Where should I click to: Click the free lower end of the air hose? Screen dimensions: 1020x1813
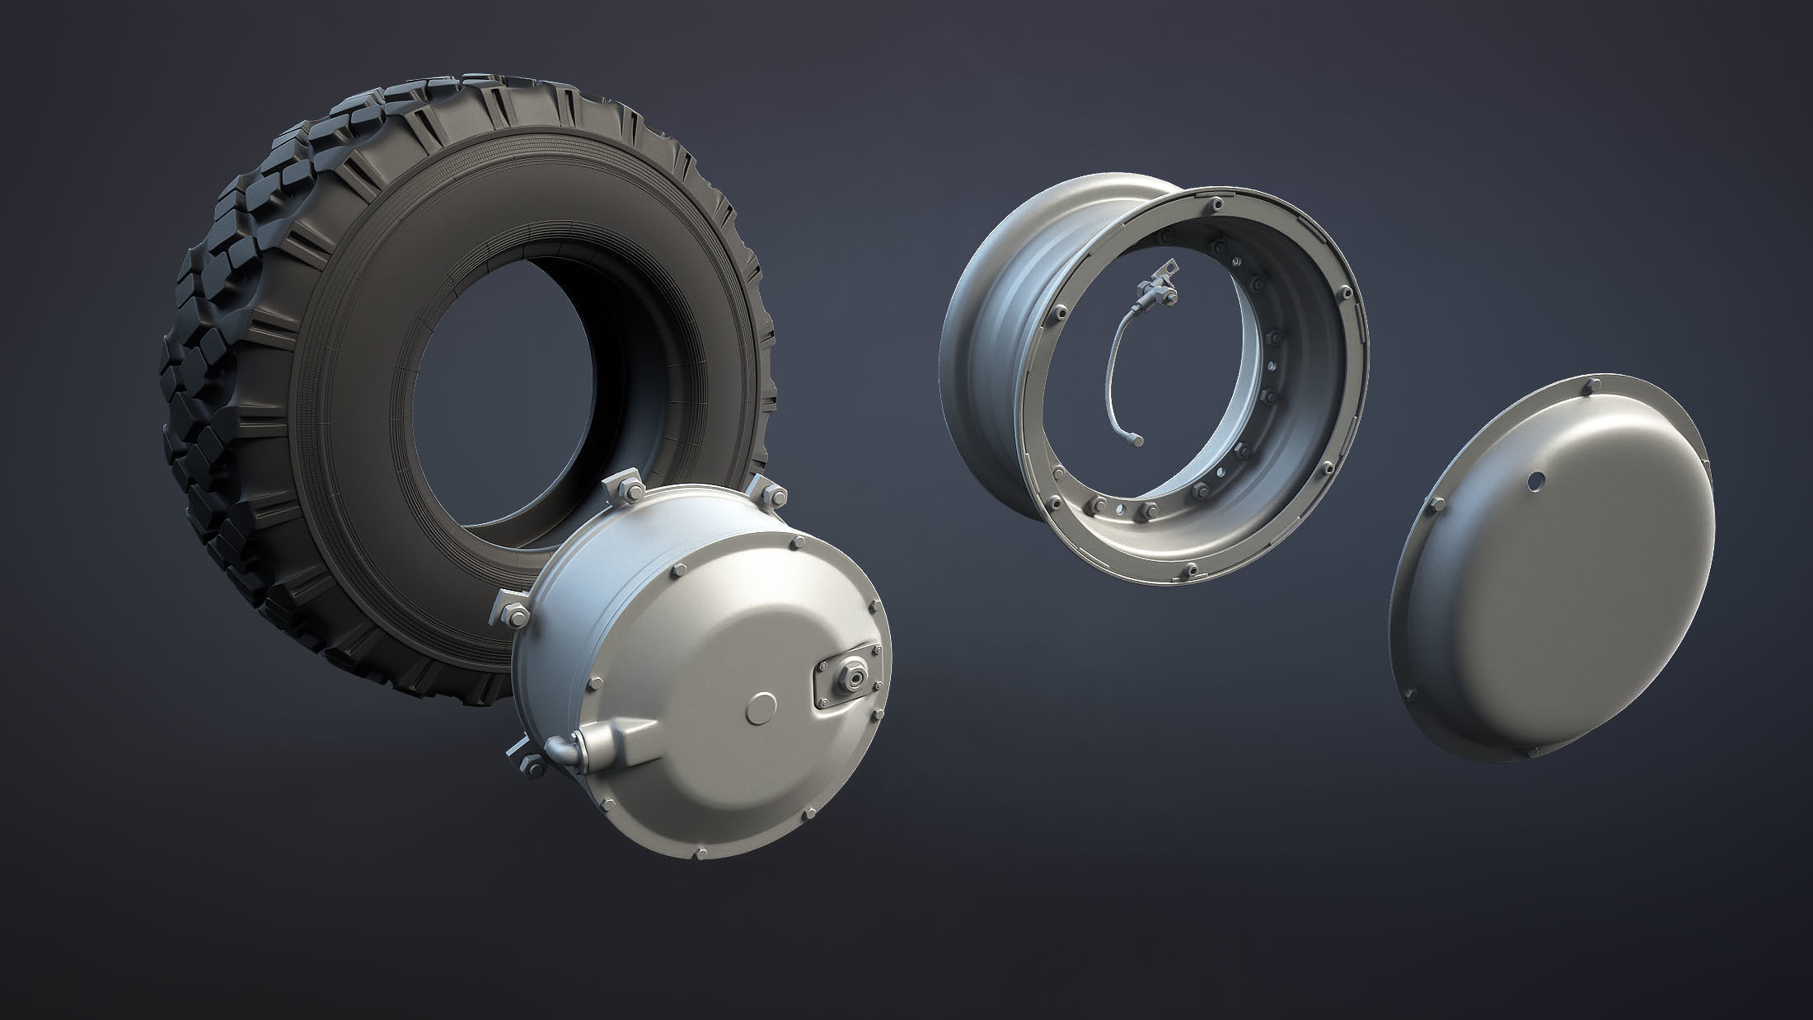coord(1138,443)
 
